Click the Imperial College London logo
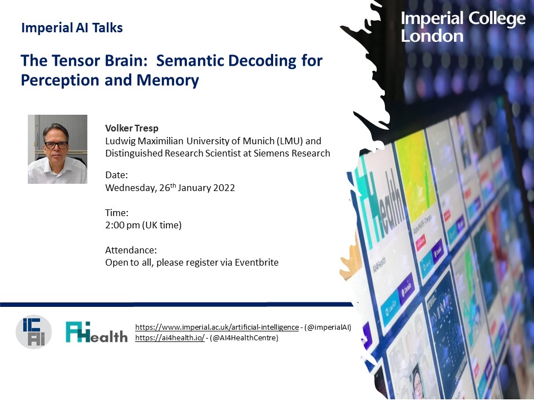(463, 27)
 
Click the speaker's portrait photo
(57, 149)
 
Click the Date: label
(117, 175)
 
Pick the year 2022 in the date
(222, 188)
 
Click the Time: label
(117, 213)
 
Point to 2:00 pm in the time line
(122, 225)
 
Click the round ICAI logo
(34, 332)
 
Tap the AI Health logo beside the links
(96, 332)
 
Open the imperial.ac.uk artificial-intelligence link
(217, 327)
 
